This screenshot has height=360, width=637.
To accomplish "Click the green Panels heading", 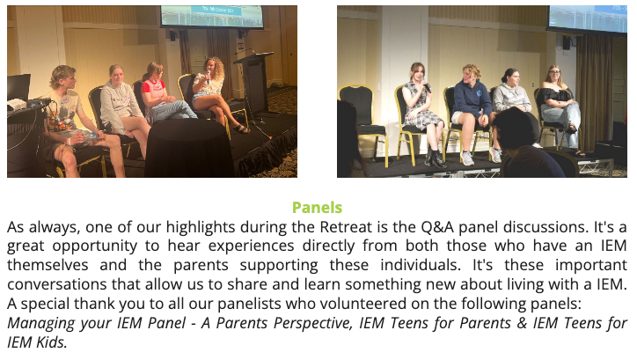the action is [317, 208].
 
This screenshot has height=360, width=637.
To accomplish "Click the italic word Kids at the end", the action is [52, 342].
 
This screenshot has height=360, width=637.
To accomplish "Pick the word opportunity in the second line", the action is [95, 246].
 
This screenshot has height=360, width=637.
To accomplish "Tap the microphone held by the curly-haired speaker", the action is [209, 76].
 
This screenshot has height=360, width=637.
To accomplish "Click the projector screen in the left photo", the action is [212, 16].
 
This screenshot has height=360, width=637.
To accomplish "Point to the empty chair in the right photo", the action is [362, 121].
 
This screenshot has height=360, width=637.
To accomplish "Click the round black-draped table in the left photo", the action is [188, 148].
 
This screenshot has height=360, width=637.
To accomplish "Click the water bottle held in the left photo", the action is [85, 137].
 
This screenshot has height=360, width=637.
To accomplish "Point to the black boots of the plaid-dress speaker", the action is [436, 158].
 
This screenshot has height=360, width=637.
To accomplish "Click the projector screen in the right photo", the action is [588, 18].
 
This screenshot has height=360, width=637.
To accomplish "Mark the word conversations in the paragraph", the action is [58, 284].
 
